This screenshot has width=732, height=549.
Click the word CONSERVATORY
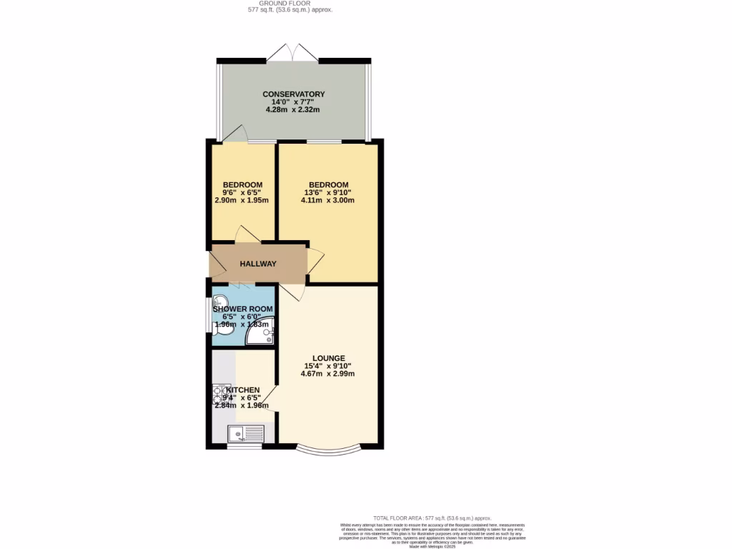click(x=294, y=94)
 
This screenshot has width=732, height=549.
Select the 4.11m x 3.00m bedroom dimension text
click(x=328, y=200)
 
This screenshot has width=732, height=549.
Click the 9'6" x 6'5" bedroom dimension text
click(x=242, y=192)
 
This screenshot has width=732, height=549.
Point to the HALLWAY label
click(x=258, y=264)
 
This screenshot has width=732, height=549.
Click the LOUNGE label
click(x=328, y=358)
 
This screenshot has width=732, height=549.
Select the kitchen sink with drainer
click(x=245, y=433)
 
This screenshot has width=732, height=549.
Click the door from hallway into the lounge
click(x=293, y=292)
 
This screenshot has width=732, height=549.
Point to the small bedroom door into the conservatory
click(x=236, y=134)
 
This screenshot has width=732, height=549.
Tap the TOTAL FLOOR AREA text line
click(x=432, y=518)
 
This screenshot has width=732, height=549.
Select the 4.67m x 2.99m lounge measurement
click(x=328, y=374)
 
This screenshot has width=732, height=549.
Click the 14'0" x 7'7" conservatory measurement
click(x=294, y=102)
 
